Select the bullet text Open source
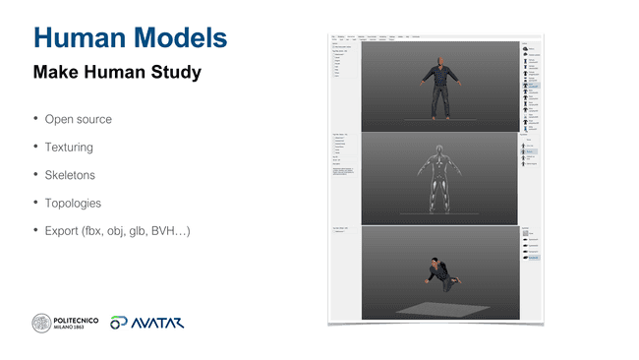tap(79, 120)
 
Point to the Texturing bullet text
tap(69, 148)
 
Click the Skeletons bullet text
tap(70, 175)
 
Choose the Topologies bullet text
tap(73, 204)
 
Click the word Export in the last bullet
tap(62, 231)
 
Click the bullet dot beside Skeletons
tap(34, 174)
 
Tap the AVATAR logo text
tap(157, 323)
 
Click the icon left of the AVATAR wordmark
tap(119, 323)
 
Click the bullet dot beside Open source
tap(34, 119)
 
